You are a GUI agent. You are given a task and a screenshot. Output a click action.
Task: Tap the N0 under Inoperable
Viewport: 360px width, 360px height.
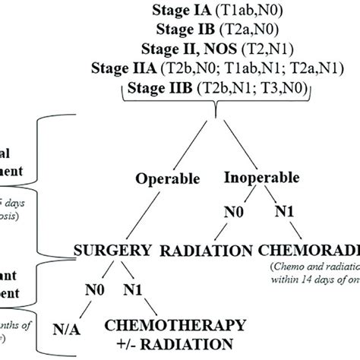coord(225,213)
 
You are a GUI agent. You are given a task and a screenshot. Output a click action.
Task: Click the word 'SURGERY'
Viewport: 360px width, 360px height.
coord(119,251)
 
